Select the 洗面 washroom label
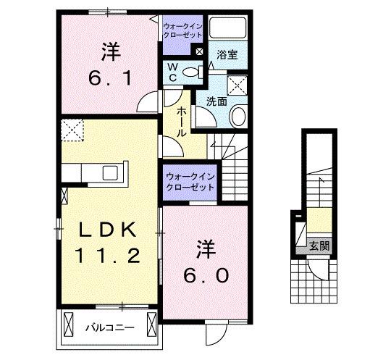point(216,102)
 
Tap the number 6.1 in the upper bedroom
point(110,76)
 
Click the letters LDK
point(106,230)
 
